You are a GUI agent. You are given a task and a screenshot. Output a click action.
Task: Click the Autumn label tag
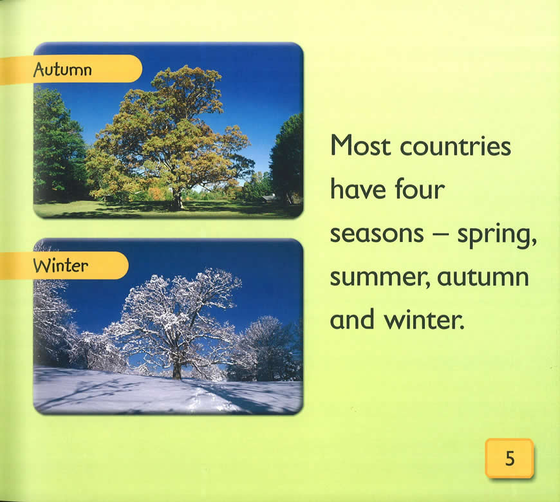pos(71,70)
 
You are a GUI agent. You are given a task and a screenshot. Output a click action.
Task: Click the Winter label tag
pos(64,265)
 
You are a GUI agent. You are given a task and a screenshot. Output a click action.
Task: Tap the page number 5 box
pos(509,458)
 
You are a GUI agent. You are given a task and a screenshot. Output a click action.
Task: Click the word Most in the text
pos(360,145)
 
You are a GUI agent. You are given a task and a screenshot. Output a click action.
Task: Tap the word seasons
pos(377,234)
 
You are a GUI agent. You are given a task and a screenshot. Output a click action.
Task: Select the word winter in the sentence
pos(424,319)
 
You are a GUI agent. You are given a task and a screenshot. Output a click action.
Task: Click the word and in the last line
pos(353,319)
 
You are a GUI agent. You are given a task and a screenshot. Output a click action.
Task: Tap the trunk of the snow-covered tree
pos(177,370)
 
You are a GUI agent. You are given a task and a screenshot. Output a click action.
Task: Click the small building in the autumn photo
pos(270,198)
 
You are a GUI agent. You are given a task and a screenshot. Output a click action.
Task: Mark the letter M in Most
pos(342,145)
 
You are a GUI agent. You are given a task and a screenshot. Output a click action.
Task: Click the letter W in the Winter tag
pos(41,266)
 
